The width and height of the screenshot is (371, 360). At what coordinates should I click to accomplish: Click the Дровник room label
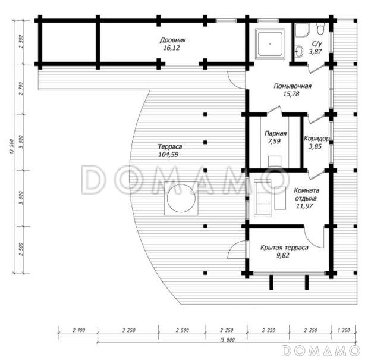(x=173, y=40)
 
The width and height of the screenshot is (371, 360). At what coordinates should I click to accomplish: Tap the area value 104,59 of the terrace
(x=168, y=155)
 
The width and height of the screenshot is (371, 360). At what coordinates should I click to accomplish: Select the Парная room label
(x=276, y=133)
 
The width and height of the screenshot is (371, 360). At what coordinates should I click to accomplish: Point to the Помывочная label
(x=293, y=86)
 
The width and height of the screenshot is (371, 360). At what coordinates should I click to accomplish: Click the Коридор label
(x=316, y=139)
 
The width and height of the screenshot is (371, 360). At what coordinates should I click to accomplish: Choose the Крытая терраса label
(x=284, y=248)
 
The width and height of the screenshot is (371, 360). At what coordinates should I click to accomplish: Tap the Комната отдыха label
(x=306, y=194)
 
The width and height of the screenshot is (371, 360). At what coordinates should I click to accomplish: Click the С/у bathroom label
(x=317, y=44)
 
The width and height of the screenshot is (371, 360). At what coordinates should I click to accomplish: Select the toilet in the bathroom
(x=320, y=29)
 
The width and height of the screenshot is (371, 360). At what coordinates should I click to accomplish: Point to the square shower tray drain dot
(x=270, y=43)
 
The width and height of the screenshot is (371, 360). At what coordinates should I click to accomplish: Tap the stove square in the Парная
(x=275, y=161)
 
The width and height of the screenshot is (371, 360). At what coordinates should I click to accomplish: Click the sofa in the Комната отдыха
(x=262, y=198)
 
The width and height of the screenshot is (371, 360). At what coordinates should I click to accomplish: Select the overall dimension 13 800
(x=227, y=340)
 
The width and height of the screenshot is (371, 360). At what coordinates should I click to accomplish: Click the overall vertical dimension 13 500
(x=12, y=146)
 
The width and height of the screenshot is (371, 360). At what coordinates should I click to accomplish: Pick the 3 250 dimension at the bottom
(x=129, y=330)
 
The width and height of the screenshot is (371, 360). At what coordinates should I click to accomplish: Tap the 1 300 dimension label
(x=343, y=330)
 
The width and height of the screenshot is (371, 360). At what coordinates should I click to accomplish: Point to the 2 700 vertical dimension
(x=21, y=89)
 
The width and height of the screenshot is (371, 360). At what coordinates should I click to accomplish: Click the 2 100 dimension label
(x=78, y=330)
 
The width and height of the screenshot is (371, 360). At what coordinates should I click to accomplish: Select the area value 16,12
(x=172, y=48)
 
